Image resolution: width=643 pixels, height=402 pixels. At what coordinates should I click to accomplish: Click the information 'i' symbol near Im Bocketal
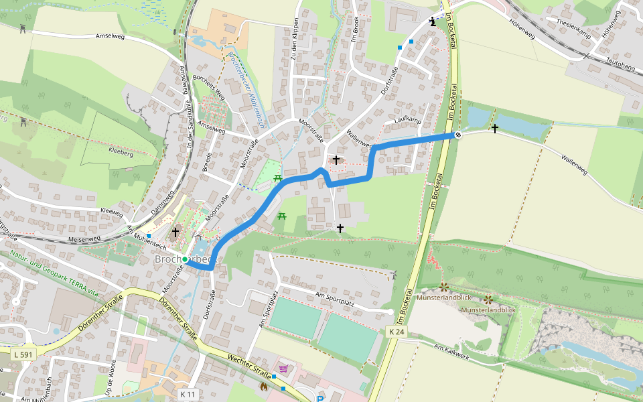click(x=433, y=21)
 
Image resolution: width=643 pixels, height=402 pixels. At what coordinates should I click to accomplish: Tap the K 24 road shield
click(x=397, y=332)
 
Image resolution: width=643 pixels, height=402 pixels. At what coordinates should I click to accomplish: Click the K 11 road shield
click(x=189, y=395)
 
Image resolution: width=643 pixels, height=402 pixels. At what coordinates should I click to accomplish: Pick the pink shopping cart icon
click(x=284, y=368)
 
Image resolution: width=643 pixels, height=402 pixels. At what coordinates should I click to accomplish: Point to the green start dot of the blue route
click(x=185, y=259)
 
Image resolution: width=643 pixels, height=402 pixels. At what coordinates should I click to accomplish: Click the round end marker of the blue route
click(x=458, y=135)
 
